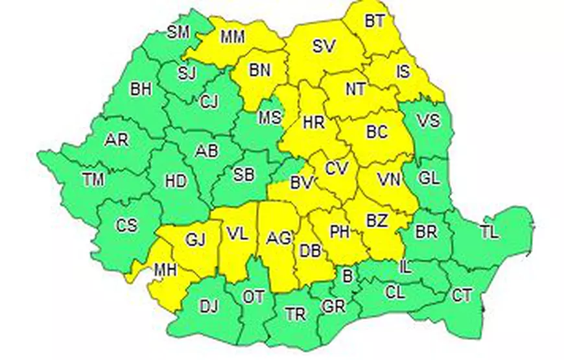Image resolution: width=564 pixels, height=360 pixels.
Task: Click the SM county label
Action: (x=178, y=32)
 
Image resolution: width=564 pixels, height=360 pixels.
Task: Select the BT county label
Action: (x=374, y=21)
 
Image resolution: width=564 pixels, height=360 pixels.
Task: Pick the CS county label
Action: (x=127, y=225)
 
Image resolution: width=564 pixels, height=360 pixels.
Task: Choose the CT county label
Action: (x=462, y=296)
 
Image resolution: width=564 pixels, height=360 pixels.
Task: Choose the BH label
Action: (x=141, y=89)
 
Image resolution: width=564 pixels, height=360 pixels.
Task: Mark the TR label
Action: (x=296, y=315)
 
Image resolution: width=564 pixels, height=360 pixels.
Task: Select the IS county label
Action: (x=403, y=71)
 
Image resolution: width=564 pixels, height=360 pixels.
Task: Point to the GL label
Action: (x=428, y=178)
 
